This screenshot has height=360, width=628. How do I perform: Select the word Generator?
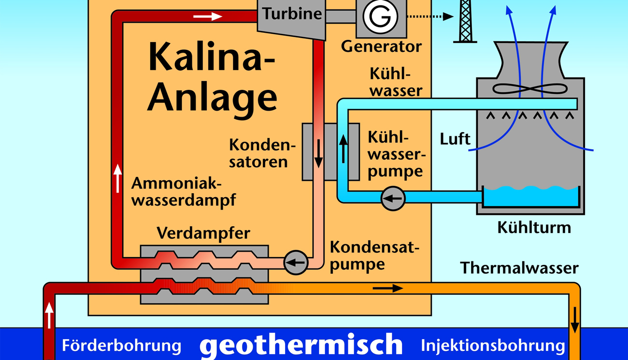pos(381,47)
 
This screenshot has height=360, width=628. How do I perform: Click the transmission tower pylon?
pos(465,21)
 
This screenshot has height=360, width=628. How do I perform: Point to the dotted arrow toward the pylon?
pos(430,16)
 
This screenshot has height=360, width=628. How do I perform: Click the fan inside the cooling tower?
pos(530,89)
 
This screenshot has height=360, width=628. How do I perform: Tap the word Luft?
pos(455,139)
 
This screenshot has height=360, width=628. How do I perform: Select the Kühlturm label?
pos(534,227)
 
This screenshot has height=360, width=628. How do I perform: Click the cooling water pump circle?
pos(393,198)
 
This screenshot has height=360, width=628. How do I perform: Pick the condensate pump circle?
pos(296,263)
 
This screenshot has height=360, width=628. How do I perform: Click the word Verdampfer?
pos(203,233)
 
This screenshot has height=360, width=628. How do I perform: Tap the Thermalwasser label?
pos(519,268)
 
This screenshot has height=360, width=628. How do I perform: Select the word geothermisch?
pos(300,345)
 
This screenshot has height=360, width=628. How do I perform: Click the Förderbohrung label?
pos(121,346)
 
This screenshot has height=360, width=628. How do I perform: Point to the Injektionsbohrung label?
pos(493,346)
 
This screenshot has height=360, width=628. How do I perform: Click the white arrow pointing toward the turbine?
pos(207,16)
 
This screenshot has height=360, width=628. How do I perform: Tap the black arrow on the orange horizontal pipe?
pos(388,288)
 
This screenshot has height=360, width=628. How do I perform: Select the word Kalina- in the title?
pos(211,58)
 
